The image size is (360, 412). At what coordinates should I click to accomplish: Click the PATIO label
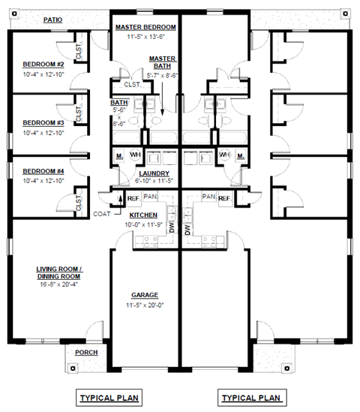(x=52, y=20)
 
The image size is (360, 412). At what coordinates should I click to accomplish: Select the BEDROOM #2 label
(x=43, y=65)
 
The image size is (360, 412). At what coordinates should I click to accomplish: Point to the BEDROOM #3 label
(x=43, y=122)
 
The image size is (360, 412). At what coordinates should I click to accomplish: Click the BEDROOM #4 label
(x=43, y=170)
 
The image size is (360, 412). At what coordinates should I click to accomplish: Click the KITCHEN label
(x=148, y=215)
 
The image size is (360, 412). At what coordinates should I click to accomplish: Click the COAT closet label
(x=103, y=213)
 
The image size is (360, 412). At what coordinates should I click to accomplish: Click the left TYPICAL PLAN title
(x=109, y=396)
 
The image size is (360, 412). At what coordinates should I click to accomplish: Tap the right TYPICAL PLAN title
(x=251, y=396)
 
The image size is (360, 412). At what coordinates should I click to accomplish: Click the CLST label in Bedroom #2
(x=79, y=51)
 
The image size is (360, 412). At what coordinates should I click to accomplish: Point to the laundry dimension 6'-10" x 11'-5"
(x=153, y=182)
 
